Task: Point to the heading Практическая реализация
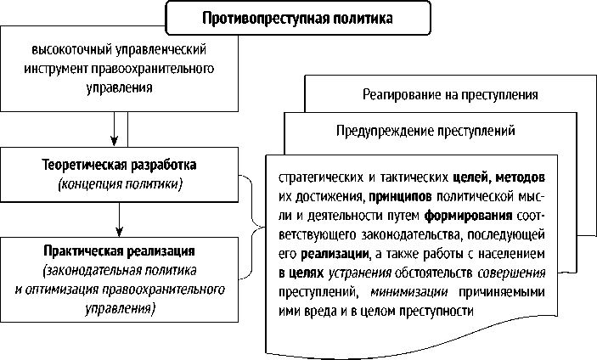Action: coord(120,252)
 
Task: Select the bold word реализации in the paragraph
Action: coord(333,254)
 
